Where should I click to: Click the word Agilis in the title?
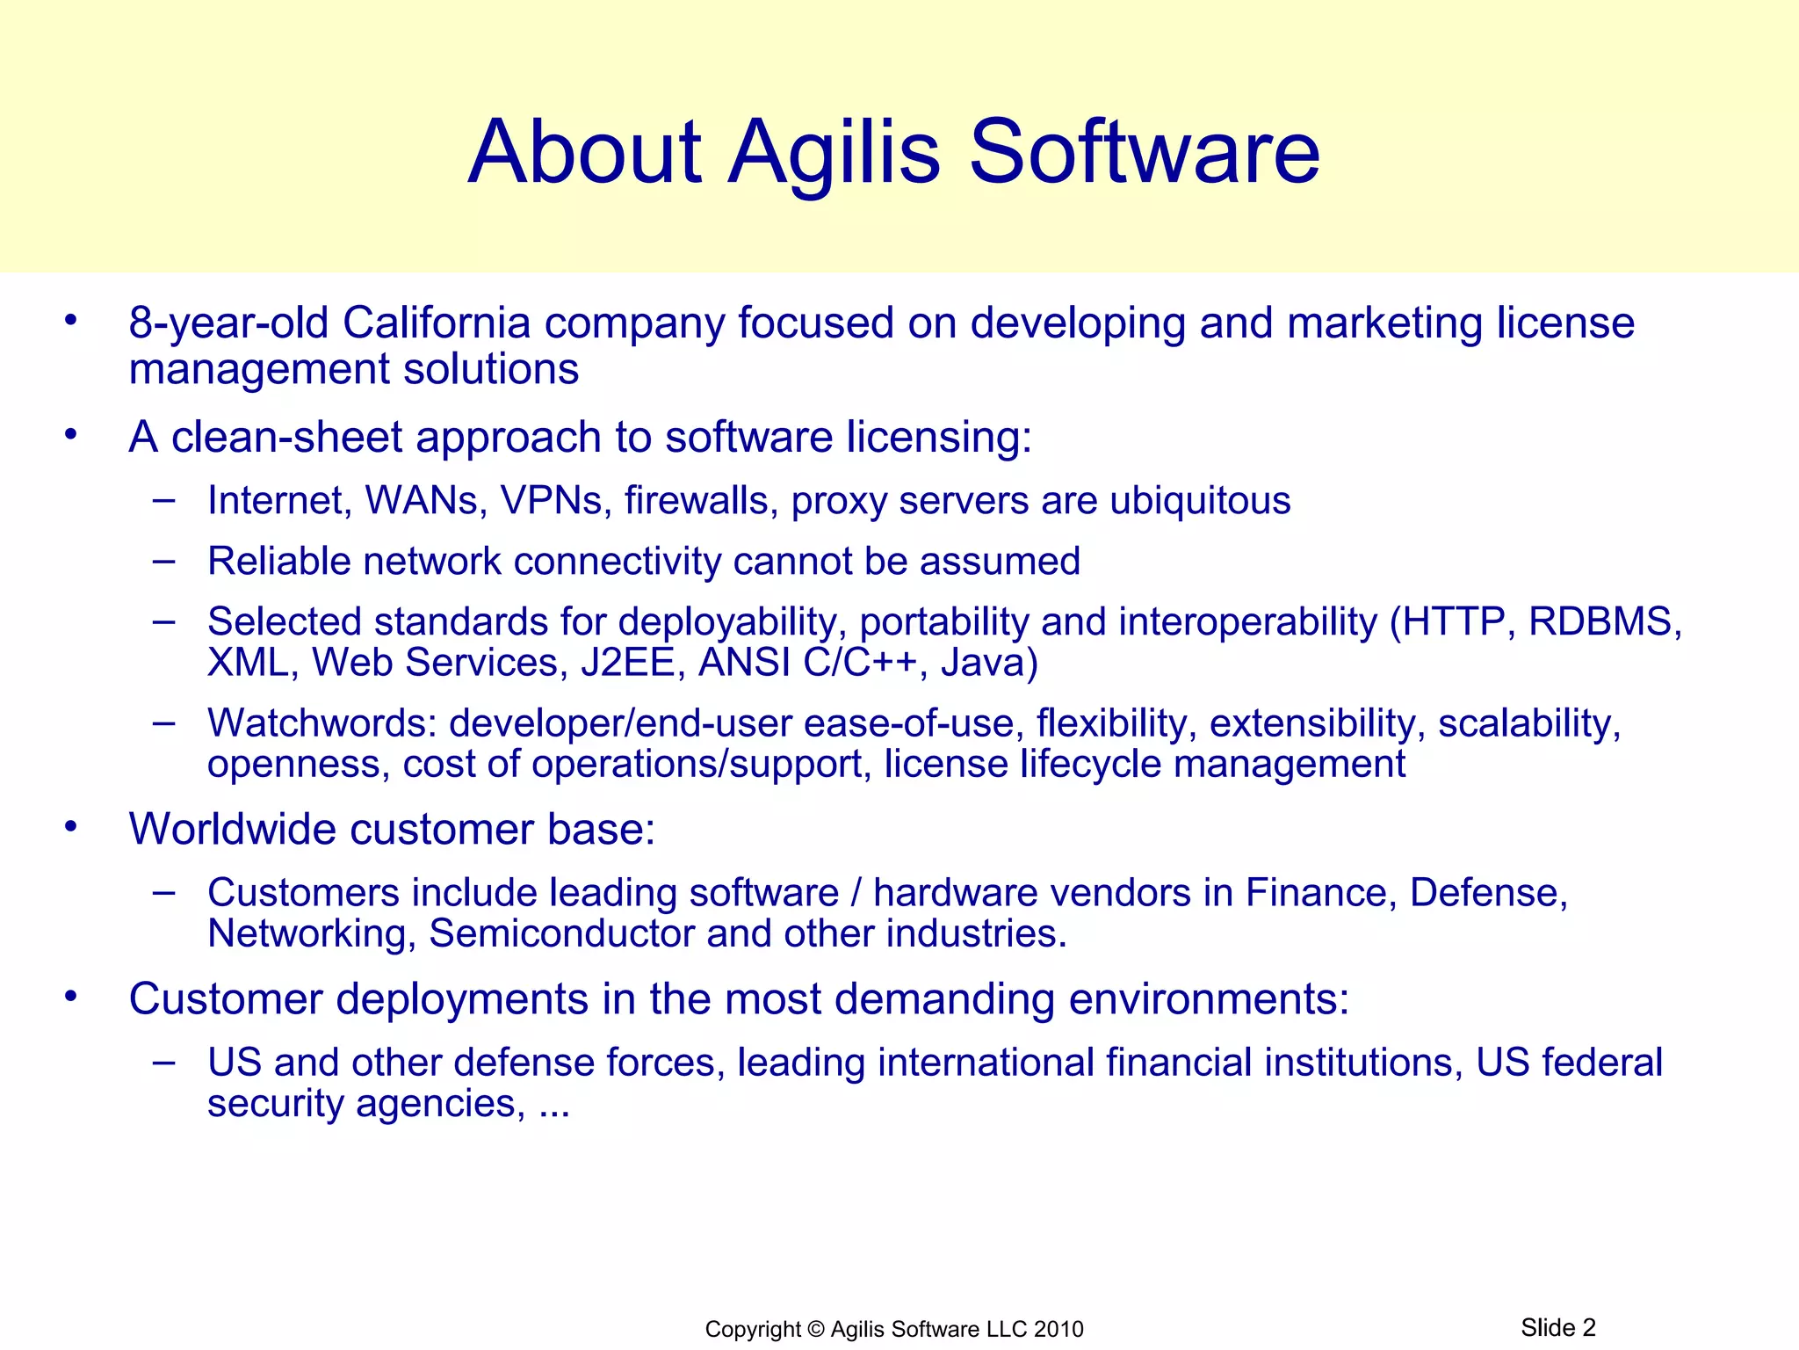tap(834, 154)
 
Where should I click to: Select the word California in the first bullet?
tap(436, 323)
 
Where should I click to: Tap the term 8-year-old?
tap(229, 323)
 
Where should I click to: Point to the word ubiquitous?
tap(1200, 501)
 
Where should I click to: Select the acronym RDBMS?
tap(1604, 622)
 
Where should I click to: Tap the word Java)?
tap(989, 664)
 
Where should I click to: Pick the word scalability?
tap(1528, 724)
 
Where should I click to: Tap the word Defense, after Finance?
tap(1488, 893)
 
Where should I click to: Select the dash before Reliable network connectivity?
tap(163, 560)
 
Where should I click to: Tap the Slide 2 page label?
tap(1557, 1327)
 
